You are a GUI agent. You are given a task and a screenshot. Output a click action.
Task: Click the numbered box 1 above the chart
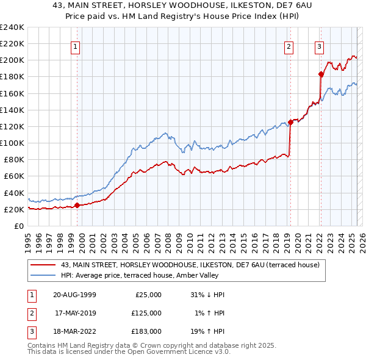click(75, 46)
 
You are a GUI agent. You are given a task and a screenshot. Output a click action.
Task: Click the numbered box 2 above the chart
click(288, 46)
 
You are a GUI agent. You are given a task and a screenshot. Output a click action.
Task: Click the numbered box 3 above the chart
click(319, 46)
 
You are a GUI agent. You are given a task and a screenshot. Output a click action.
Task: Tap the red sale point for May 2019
click(290, 122)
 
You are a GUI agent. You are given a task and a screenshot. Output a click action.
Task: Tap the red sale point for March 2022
click(321, 74)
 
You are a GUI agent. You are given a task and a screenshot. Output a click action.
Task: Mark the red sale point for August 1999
click(77, 205)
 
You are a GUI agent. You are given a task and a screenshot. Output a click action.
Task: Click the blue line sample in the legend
click(43, 275)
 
